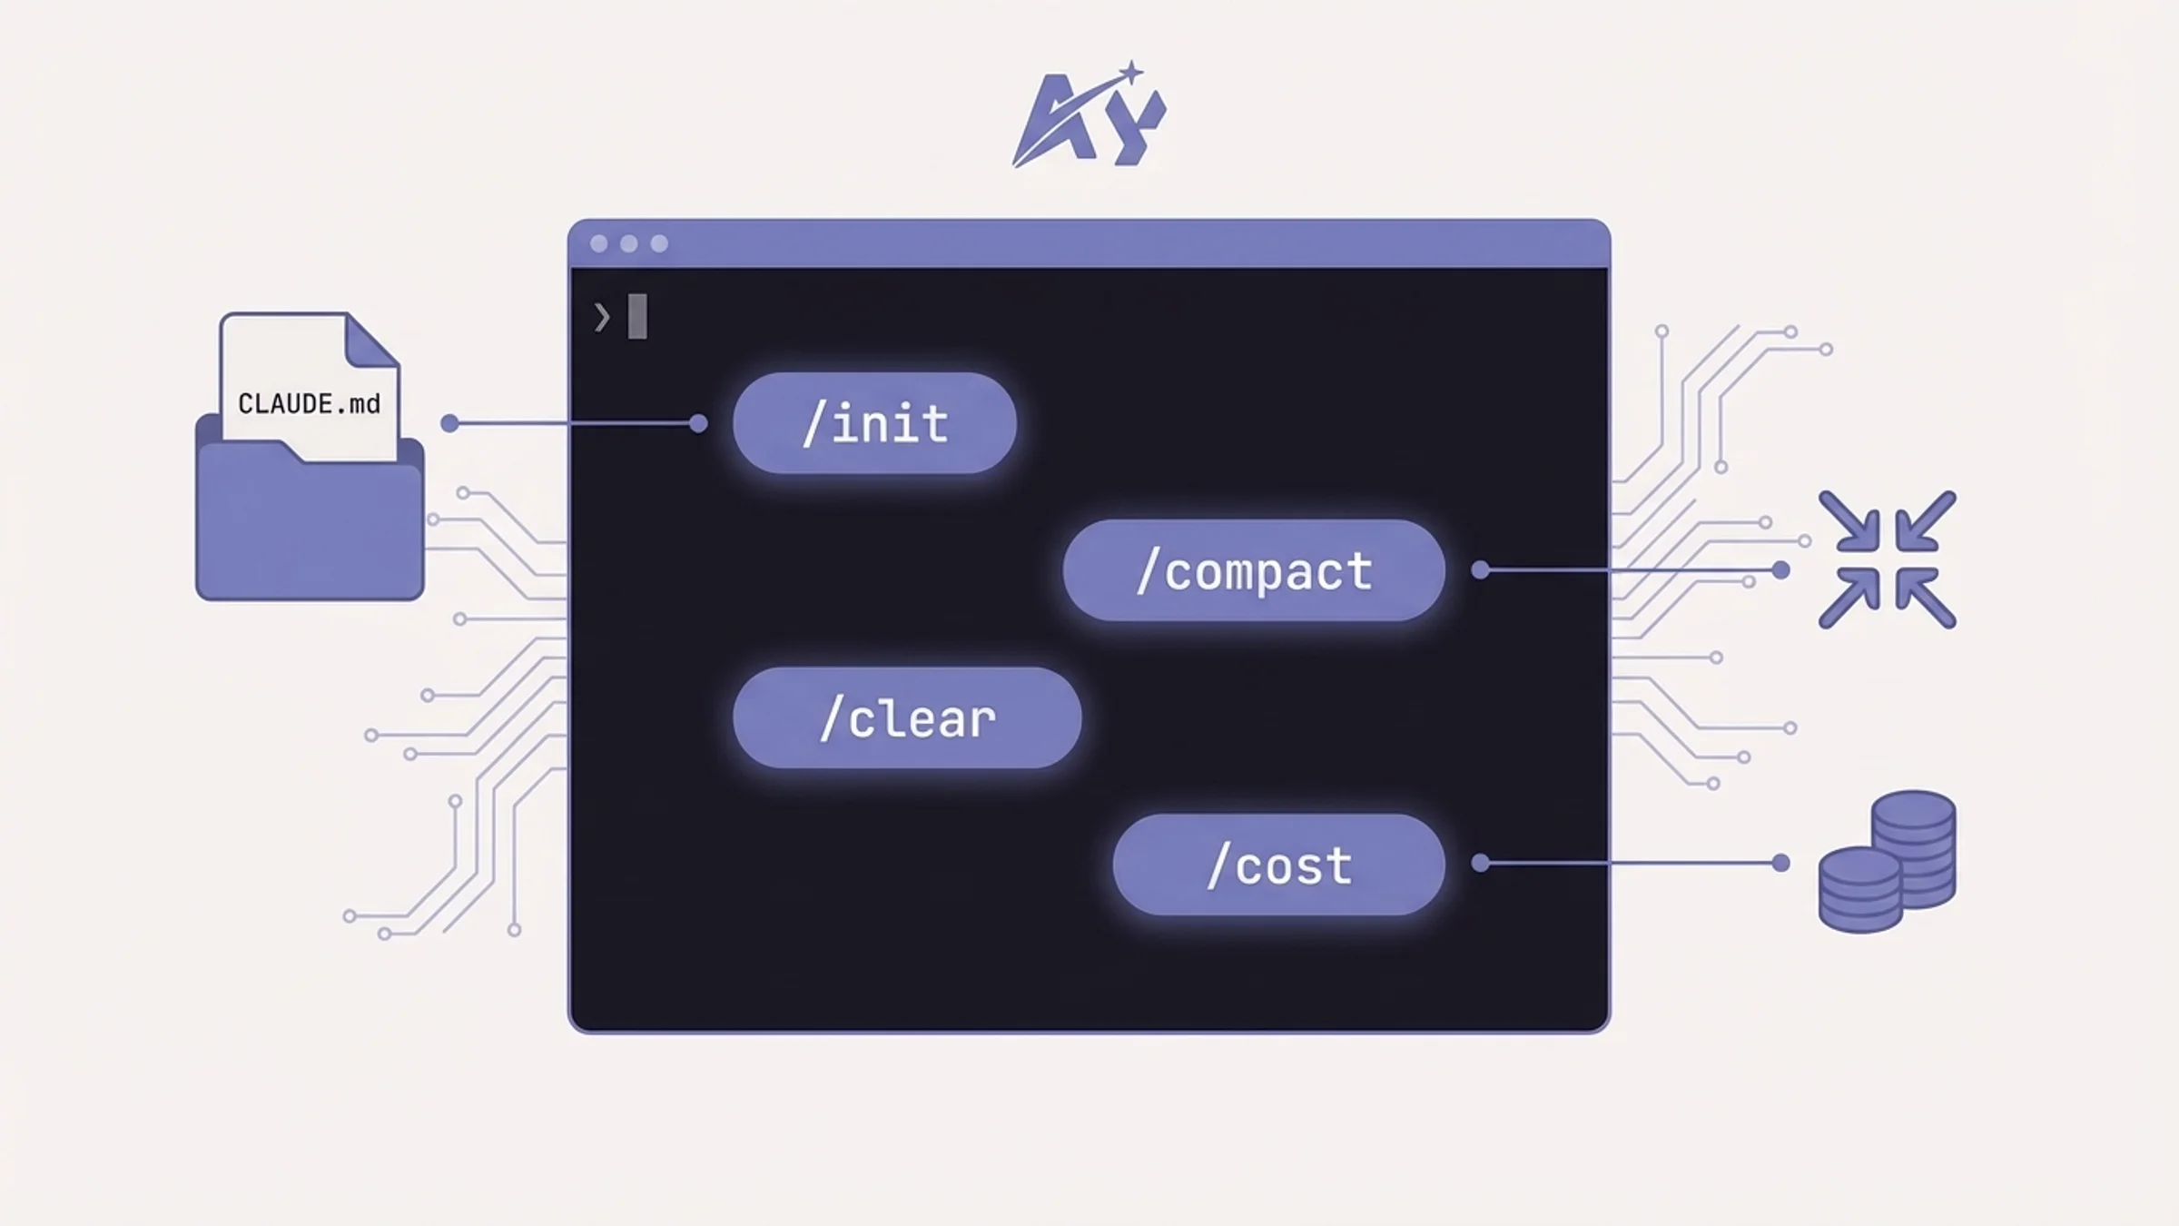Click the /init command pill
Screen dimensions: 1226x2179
point(874,423)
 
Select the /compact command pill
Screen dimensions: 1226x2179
point(1254,570)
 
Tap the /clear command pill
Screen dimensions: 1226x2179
point(907,718)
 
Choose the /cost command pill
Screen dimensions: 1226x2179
point(1278,865)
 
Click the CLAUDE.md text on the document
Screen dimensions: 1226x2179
point(309,404)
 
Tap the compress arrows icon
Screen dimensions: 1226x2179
point(1888,559)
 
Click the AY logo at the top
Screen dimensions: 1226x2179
point(1089,118)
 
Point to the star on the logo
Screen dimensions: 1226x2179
point(1131,72)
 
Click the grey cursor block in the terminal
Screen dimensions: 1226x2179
point(637,316)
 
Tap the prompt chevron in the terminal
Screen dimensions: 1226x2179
point(602,317)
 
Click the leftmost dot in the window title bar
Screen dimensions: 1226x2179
point(599,243)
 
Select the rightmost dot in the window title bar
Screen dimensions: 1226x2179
point(659,243)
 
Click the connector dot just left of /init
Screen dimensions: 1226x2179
point(698,423)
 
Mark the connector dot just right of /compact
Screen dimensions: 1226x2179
point(1481,570)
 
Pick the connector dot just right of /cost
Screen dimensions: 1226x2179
point(1481,863)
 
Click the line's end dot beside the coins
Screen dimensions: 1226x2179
point(1781,863)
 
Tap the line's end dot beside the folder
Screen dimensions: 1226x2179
point(449,423)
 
